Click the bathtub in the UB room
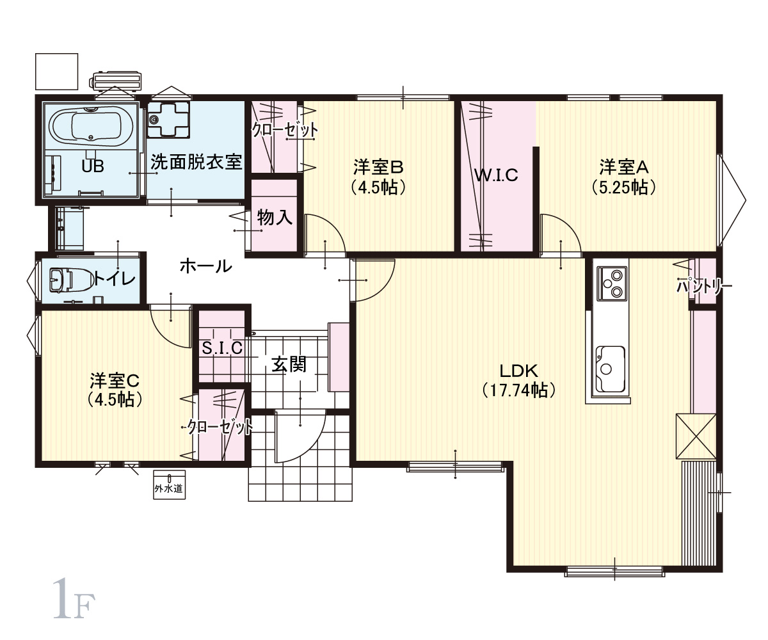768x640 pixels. (90, 127)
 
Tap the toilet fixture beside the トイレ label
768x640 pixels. (70, 280)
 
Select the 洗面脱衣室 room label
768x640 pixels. (196, 162)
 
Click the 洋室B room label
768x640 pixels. (378, 166)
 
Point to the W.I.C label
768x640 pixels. (496, 175)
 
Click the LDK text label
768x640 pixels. (518, 371)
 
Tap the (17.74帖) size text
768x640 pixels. (518, 390)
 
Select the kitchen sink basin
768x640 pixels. (610, 369)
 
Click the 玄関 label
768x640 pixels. (289, 365)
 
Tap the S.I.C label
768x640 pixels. (222, 348)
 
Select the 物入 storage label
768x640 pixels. (275, 217)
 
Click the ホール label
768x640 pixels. (206, 266)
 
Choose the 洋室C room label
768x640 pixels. (115, 381)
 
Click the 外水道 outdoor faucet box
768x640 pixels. (169, 484)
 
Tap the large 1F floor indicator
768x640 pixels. (74, 598)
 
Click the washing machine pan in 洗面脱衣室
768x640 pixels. (168, 120)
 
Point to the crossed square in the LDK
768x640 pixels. (696, 436)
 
